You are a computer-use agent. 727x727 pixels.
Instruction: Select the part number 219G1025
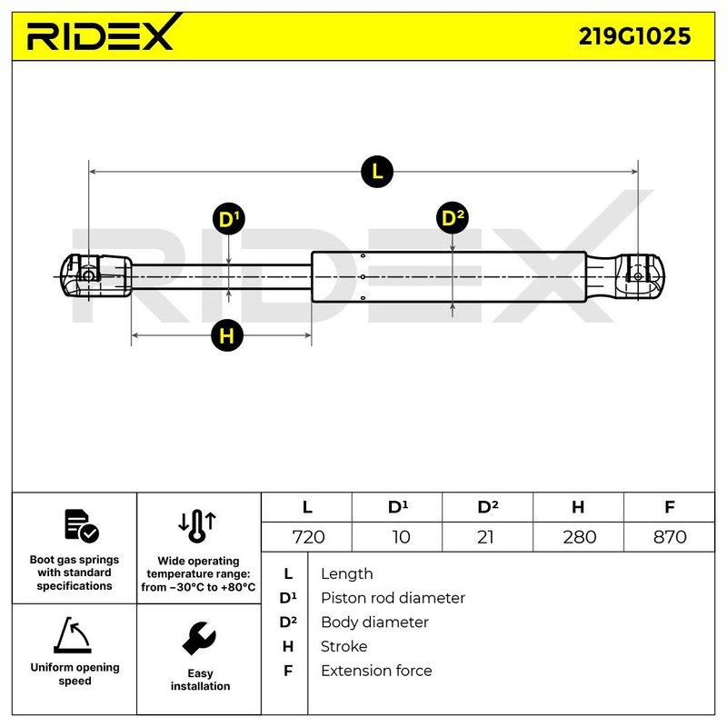[x=634, y=36]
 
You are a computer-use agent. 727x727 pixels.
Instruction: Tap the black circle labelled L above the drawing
[x=377, y=172]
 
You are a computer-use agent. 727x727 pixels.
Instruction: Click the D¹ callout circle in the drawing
[x=229, y=219]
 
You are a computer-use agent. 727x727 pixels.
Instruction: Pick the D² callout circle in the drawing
[x=453, y=217]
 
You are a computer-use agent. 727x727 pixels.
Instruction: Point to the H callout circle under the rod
[x=226, y=335]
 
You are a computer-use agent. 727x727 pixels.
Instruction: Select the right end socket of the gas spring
[x=625, y=276]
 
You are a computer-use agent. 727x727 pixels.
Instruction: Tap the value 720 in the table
[x=308, y=537]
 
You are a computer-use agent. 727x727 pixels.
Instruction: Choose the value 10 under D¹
[x=401, y=537]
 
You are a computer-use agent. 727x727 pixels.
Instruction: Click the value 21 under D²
[x=485, y=537]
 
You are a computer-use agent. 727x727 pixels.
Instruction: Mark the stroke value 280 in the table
[x=579, y=537]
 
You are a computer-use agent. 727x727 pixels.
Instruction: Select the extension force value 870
[x=670, y=537]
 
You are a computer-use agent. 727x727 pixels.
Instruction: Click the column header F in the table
[x=669, y=507]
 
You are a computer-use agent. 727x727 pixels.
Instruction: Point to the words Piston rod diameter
[x=393, y=598]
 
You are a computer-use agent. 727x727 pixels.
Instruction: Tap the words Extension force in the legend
[x=376, y=671]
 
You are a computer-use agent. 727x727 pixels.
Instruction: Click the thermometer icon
[x=197, y=526]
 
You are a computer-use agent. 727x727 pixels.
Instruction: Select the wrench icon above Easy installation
[x=199, y=638]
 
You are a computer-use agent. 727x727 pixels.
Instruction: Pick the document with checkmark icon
[x=81, y=526]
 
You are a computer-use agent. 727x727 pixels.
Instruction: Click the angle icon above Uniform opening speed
[x=73, y=635]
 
